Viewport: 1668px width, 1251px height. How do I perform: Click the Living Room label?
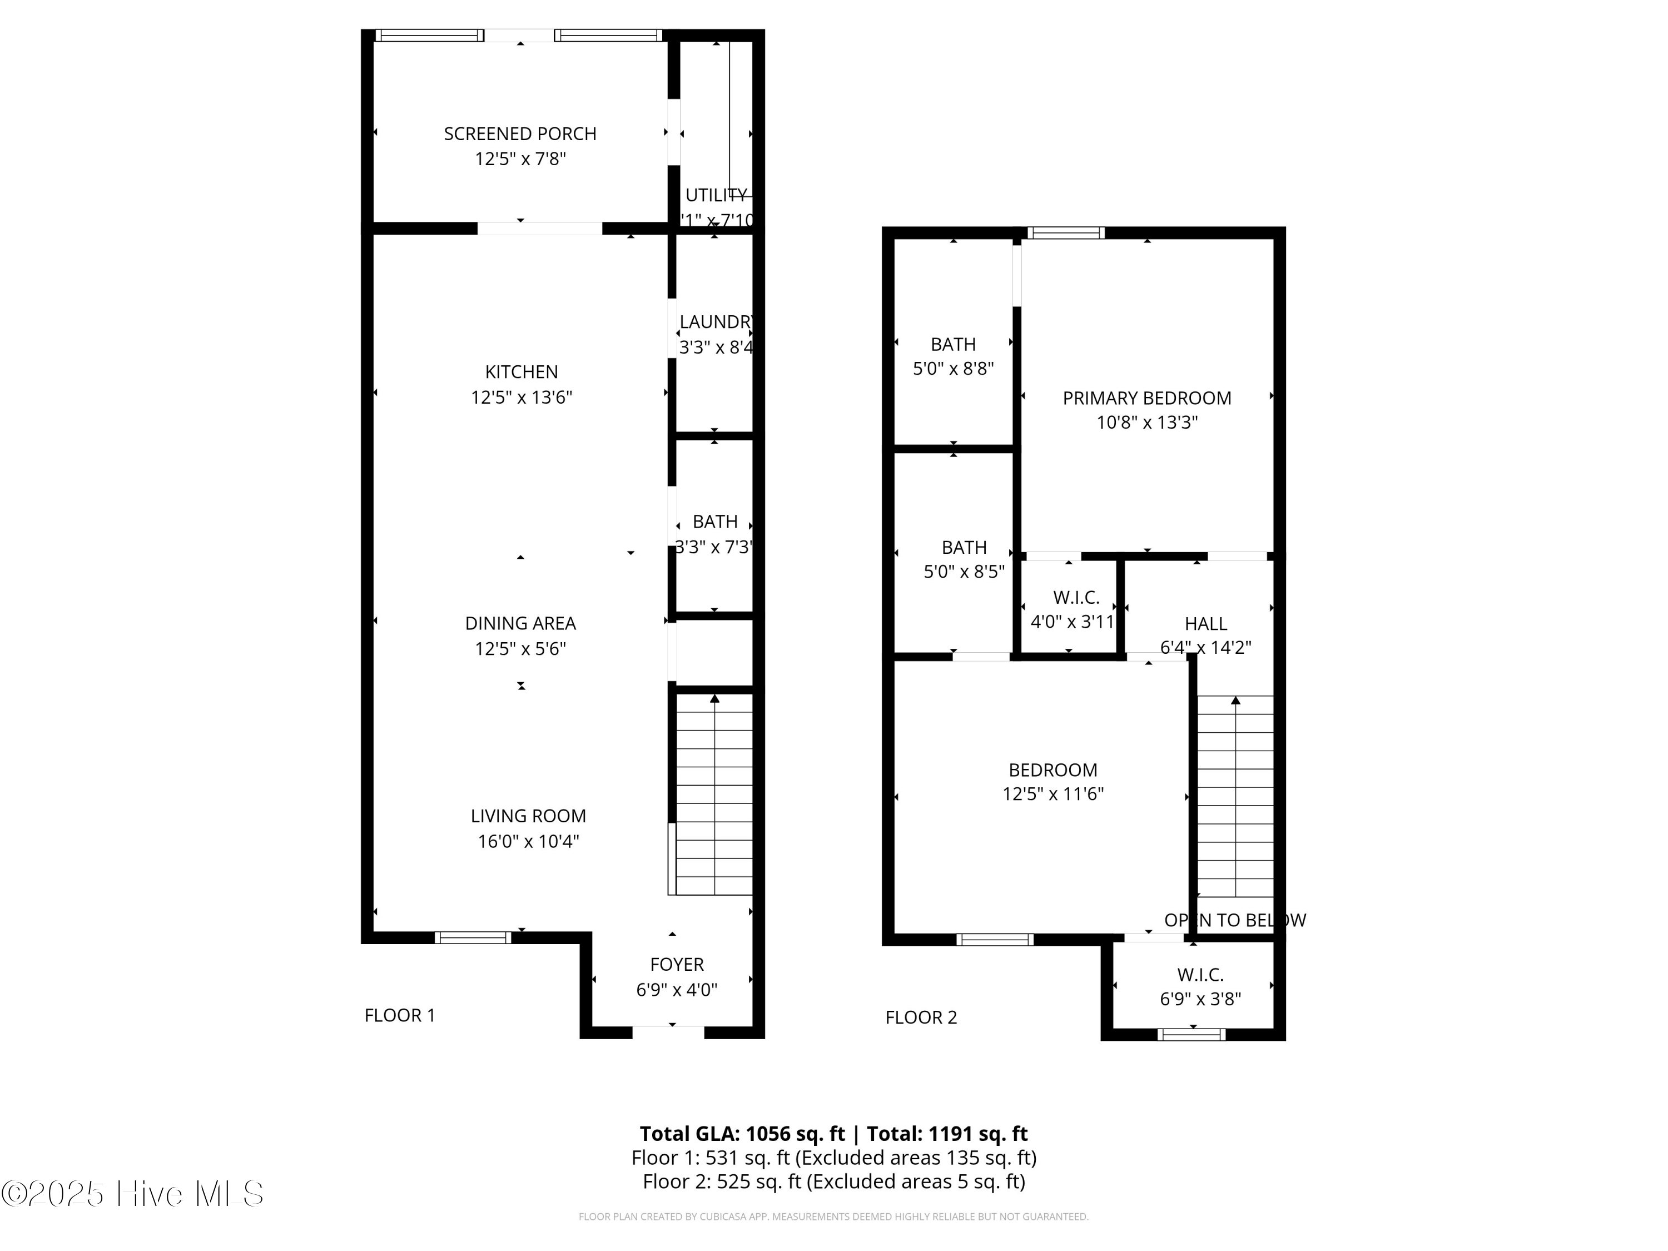528,816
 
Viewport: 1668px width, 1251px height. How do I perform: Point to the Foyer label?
677,965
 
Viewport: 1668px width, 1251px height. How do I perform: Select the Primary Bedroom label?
1146,398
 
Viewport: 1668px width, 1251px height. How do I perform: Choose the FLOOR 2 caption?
921,1018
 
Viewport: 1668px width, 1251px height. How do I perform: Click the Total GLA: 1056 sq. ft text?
742,1133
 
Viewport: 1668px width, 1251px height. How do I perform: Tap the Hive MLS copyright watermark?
133,1194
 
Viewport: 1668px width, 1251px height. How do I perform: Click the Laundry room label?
715,322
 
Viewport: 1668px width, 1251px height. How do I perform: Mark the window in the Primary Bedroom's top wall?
1065,233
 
